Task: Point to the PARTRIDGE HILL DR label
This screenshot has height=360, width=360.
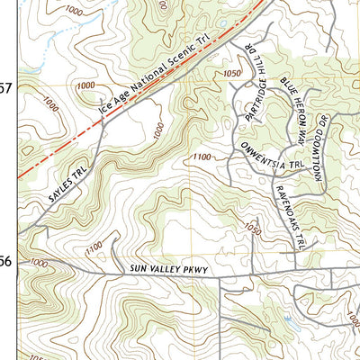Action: (255, 93)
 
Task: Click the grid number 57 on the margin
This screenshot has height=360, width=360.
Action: (6, 88)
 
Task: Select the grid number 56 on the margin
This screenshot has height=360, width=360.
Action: (6, 262)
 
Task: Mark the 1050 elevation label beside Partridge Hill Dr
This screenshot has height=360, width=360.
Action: (233, 74)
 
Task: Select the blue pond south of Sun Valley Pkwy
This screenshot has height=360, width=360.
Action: (287, 319)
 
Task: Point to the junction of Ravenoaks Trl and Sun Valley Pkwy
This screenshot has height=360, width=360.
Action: (297, 270)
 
